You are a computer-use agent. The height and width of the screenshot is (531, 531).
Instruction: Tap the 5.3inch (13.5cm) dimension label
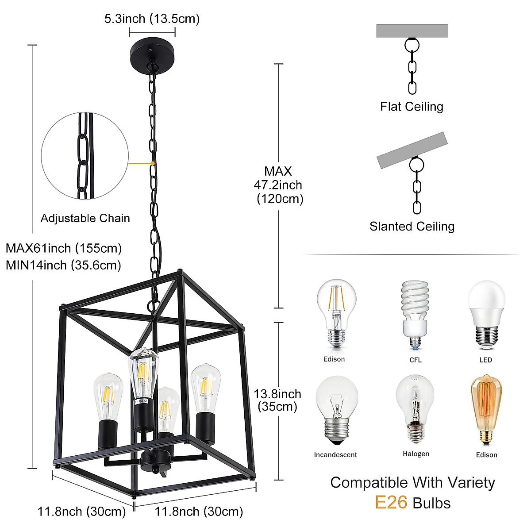coord(152,19)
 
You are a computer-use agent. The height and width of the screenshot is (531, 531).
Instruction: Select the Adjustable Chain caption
coord(85,218)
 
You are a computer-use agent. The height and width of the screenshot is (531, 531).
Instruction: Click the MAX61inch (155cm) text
coord(63,248)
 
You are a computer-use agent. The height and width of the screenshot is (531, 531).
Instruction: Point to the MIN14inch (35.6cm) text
coord(63,265)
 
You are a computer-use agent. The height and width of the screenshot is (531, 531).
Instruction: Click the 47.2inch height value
coord(278,185)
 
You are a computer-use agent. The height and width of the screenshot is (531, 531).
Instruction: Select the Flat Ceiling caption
coord(412,107)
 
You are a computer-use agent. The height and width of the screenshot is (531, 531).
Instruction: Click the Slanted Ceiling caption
coord(412,227)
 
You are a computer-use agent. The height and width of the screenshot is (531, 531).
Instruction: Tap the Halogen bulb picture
coord(415,409)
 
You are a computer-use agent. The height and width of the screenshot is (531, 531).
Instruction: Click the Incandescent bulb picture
coord(336,409)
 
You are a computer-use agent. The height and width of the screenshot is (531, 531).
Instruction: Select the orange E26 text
coord(391,503)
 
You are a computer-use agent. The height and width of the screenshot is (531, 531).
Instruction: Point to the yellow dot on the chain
coord(152,163)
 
